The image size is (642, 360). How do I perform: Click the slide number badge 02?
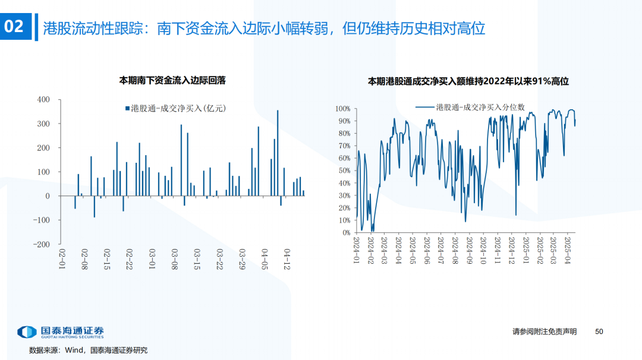pos(14,27)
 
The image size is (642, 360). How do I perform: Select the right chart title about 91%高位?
pos(468,81)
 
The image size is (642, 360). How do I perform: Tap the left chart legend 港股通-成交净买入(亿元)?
pos(176,108)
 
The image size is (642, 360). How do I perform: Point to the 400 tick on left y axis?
pos(44,100)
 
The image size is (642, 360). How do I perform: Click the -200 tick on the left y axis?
pos(42,244)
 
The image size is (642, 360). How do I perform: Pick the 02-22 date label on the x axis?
pos(129,260)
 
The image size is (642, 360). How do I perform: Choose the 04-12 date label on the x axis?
pos(288,260)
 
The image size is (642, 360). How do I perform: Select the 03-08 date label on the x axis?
pos(174,260)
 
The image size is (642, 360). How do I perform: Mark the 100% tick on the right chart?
pos(342,109)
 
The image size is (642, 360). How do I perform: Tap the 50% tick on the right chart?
pos(344,171)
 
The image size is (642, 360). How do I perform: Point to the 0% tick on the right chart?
pos(345,233)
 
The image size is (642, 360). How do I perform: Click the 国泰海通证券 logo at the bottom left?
pos(60,333)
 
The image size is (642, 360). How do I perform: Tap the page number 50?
pos(599,331)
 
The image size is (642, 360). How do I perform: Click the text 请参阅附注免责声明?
pos(545,331)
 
